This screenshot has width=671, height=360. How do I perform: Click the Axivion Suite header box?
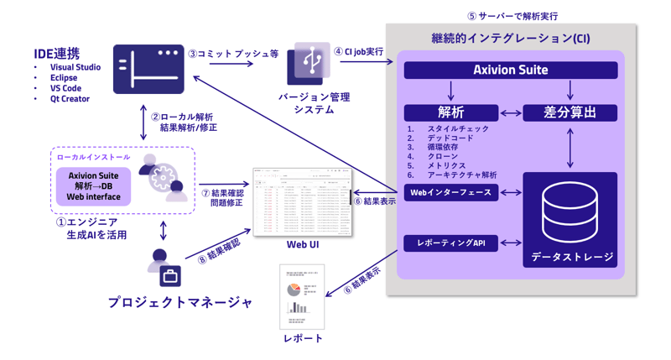click(x=510, y=70)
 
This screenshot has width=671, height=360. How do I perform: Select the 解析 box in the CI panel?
click(x=450, y=112)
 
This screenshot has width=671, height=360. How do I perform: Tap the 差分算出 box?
click(x=570, y=112)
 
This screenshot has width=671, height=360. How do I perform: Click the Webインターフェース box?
click(x=450, y=193)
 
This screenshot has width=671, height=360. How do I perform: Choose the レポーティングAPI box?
click(x=450, y=243)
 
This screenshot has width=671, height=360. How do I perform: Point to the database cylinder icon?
click(x=570, y=212)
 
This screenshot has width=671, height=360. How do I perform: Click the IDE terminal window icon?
click(x=148, y=70)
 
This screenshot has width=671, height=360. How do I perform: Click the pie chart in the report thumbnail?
click(x=294, y=290)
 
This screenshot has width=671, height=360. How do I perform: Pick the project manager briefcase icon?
click(x=170, y=276)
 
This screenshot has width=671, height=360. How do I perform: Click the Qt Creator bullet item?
click(x=70, y=99)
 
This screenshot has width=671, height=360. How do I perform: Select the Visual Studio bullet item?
click(x=75, y=67)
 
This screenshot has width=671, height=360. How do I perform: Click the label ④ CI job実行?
click(x=358, y=52)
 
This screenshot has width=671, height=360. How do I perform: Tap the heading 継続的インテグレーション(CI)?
click(x=510, y=39)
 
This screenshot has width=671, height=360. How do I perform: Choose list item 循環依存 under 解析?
click(x=443, y=148)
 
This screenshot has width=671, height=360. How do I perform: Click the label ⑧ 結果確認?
click(x=220, y=248)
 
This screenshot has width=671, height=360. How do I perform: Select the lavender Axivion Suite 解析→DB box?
click(x=94, y=186)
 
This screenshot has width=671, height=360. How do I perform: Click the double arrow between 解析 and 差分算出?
click(x=511, y=112)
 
